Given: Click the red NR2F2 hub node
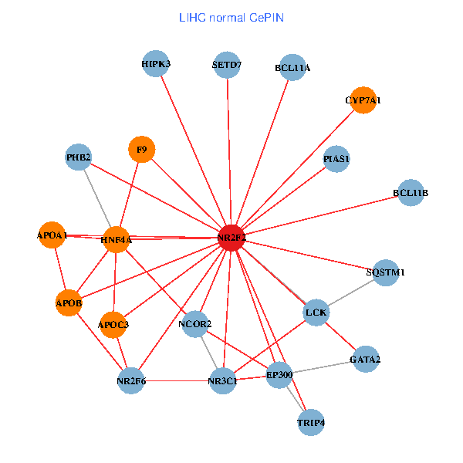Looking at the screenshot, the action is pos(231,238).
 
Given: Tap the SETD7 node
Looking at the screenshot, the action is pos(227,65).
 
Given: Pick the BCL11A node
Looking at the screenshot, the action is pos(292,68).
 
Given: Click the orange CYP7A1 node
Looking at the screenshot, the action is pos(363,100).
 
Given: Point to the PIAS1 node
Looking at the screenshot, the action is pos(337,159).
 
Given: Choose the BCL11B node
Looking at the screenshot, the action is pos(411,192).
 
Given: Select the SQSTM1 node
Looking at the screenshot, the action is pos(386,272).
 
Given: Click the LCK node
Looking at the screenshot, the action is pos(316,313).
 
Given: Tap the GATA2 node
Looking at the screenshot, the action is pos(365,359).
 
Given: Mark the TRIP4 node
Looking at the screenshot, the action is pos(311,423).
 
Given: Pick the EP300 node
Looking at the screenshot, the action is pos(279,375).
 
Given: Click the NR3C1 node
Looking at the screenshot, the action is pos(222,380).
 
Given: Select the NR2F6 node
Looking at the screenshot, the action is pos(131,380).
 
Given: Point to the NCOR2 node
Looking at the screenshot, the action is pos(194,324).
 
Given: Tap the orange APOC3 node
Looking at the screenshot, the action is pos(113,325).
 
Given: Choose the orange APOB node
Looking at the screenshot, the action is pos(69,303).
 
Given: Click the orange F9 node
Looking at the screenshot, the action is pos(141,150).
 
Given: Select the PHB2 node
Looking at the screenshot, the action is pos(79,158).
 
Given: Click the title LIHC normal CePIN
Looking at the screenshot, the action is pos(231,17).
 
